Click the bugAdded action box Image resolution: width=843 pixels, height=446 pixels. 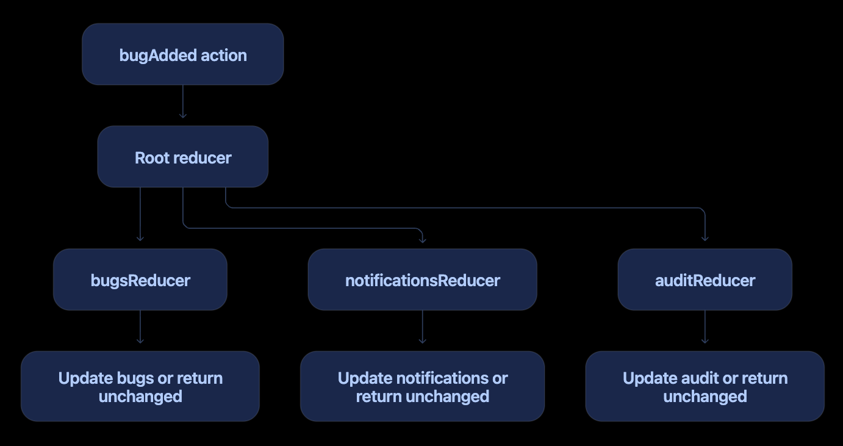(x=183, y=54)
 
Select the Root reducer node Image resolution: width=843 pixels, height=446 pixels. (x=183, y=157)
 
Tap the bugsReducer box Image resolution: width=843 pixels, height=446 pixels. (x=140, y=279)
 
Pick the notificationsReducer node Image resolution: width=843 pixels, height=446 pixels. (x=422, y=279)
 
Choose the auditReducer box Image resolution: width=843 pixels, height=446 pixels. (x=705, y=279)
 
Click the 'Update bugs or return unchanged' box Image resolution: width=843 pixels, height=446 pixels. (x=140, y=386)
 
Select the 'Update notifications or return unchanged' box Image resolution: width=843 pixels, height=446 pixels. (x=422, y=386)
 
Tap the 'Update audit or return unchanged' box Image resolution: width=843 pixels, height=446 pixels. (x=705, y=386)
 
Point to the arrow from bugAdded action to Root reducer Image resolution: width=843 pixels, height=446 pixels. (x=183, y=102)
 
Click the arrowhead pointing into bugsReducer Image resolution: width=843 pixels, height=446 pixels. (x=140, y=239)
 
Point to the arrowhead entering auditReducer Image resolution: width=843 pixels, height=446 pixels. (x=705, y=239)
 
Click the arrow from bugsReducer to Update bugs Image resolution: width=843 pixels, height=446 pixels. (x=140, y=327)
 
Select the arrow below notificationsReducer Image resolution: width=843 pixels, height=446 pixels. (x=422, y=327)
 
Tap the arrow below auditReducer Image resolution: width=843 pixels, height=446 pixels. (x=705, y=327)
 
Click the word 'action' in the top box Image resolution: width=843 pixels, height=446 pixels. (x=223, y=56)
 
